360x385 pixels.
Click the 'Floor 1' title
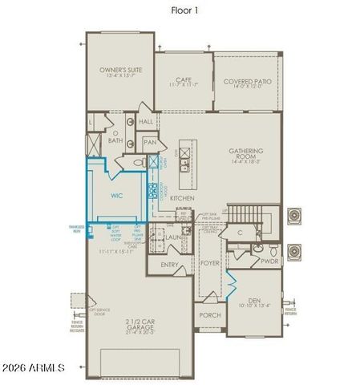tap(185, 10)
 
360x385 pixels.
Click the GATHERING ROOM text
tap(246, 154)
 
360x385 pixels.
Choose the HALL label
tap(145, 122)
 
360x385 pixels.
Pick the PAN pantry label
tap(149, 142)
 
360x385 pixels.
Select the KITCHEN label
tap(182, 197)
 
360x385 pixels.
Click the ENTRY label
tap(169, 264)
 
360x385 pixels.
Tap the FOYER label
tap(209, 263)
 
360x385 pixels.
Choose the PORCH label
tap(209, 315)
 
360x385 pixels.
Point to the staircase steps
tap(241, 214)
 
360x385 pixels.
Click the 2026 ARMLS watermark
tap(44, 368)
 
